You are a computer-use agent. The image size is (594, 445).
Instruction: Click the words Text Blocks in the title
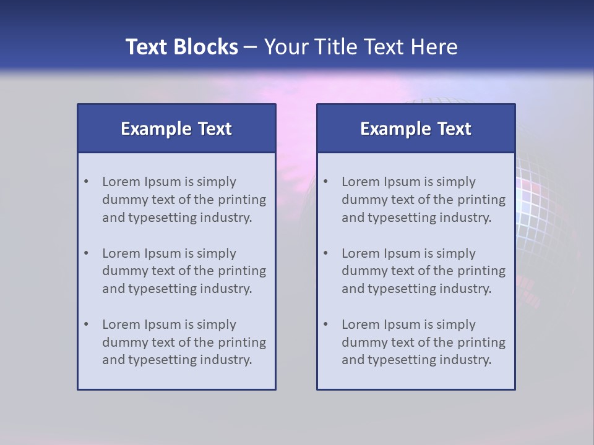(x=181, y=47)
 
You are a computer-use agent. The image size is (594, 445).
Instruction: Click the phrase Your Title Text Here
(x=361, y=47)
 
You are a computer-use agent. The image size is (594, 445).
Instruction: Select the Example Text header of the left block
(x=176, y=129)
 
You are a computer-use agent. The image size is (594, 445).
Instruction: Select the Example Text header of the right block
(x=416, y=129)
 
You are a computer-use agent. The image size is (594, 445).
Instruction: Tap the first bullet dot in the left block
(x=86, y=182)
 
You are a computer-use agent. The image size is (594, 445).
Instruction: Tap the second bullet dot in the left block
(x=86, y=253)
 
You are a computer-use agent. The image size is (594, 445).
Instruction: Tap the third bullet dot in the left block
(x=86, y=324)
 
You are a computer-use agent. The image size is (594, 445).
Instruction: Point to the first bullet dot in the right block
(x=325, y=182)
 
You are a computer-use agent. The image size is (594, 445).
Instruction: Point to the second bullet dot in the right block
(x=325, y=253)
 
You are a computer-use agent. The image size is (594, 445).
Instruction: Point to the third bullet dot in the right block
(x=325, y=324)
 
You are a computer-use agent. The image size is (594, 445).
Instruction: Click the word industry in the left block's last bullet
(x=227, y=360)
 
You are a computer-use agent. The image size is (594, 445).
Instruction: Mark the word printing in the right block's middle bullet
(x=481, y=271)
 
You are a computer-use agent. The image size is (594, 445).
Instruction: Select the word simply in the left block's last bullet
(x=217, y=324)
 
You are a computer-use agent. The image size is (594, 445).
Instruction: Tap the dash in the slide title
(x=251, y=48)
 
